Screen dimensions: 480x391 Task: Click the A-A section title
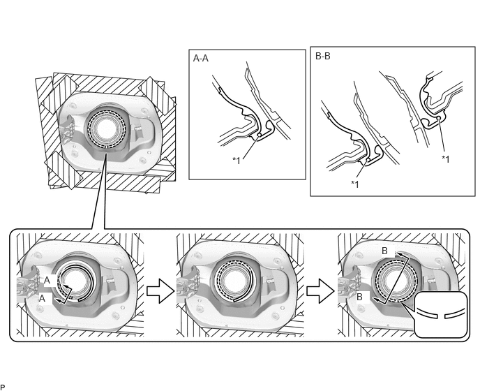click(x=200, y=58)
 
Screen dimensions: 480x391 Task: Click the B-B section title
click(x=322, y=57)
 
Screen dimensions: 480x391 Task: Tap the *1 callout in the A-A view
click(x=237, y=161)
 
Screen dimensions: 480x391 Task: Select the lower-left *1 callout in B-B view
click(x=355, y=184)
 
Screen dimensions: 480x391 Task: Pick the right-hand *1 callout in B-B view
click(x=445, y=159)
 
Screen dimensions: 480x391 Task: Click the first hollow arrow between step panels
click(x=160, y=290)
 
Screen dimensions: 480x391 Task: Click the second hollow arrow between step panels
click(x=320, y=290)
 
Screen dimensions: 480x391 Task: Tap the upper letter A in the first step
click(x=47, y=281)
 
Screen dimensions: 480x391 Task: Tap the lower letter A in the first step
click(x=42, y=298)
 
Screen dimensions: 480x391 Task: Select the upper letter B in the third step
click(x=384, y=251)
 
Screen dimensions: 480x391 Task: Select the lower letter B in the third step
click(x=359, y=297)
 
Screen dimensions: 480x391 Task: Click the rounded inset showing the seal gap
click(x=440, y=314)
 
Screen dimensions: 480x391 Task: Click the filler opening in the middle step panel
click(x=233, y=281)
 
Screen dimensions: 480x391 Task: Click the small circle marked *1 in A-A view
click(x=260, y=135)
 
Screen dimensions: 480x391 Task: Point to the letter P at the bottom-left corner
click(x=3, y=388)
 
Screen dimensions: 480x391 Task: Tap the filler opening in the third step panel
click(x=395, y=281)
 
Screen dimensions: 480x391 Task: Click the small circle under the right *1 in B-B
click(x=438, y=118)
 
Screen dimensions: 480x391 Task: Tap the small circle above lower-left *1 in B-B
click(x=367, y=160)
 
